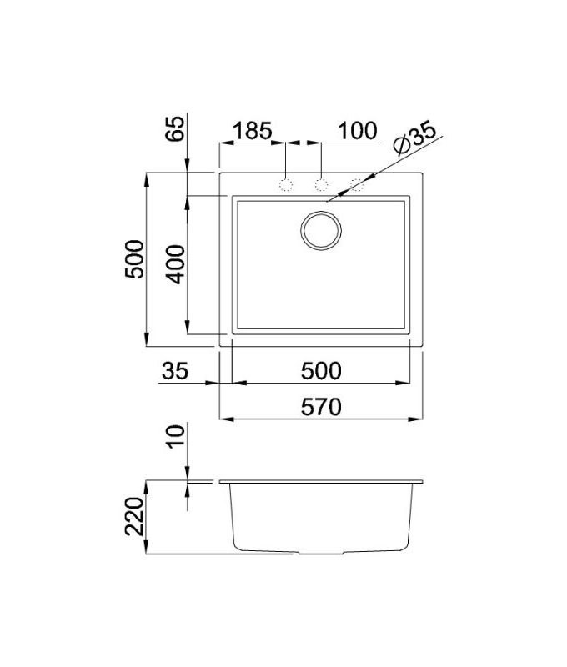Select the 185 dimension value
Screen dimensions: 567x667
point(253,131)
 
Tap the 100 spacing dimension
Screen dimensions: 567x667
point(358,131)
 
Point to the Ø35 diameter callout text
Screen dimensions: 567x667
point(414,138)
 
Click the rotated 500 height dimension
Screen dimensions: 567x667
point(134,259)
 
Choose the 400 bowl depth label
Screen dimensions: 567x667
point(176,263)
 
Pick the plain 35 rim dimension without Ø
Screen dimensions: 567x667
point(175,370)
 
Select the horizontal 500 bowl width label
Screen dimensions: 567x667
point(321,370)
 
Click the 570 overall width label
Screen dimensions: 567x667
point(321,407)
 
